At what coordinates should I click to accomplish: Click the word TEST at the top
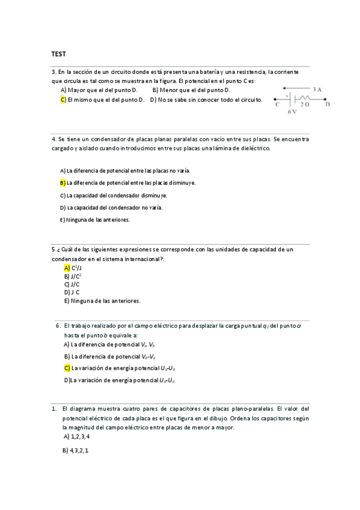[x=58, y=54]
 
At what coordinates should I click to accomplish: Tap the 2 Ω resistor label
[x=305, y=104]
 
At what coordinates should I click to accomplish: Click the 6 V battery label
[x=292, y=112]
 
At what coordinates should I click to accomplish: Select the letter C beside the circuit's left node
[x=277, y=105]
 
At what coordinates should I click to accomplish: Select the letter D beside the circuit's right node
[x=328, y=105]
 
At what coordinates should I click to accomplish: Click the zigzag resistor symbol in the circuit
[x=305, y=96]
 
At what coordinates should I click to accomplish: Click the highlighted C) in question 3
[x=63, y=100]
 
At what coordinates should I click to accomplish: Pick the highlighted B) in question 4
[x=63, y=183]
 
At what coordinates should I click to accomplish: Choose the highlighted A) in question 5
[x=67, y=268]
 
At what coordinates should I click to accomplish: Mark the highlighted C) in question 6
[x=67, y=367]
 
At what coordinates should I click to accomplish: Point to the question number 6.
[x=58, y=325]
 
